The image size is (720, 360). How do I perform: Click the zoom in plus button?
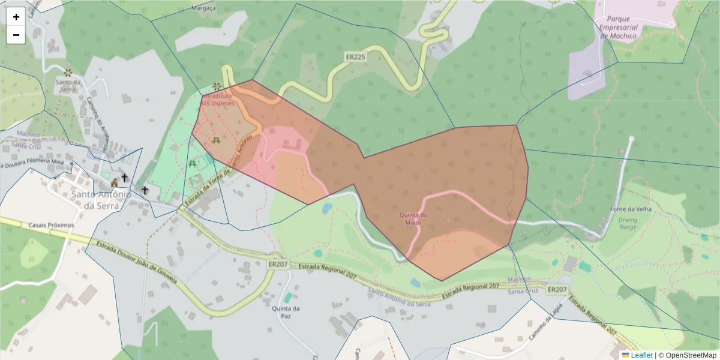[x=16, y=17]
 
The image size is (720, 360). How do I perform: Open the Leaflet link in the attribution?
[x=641, y=355]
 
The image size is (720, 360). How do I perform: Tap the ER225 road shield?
[x=355, y=57]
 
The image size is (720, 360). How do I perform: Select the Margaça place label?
[x=203, y=8]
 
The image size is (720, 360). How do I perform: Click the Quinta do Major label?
[x=414, y=218]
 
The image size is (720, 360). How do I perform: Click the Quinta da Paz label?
[x=286, y=312]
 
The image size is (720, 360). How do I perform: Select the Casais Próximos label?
[x=51, y=225]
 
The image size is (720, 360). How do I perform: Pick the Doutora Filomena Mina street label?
[x=33, y=163]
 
